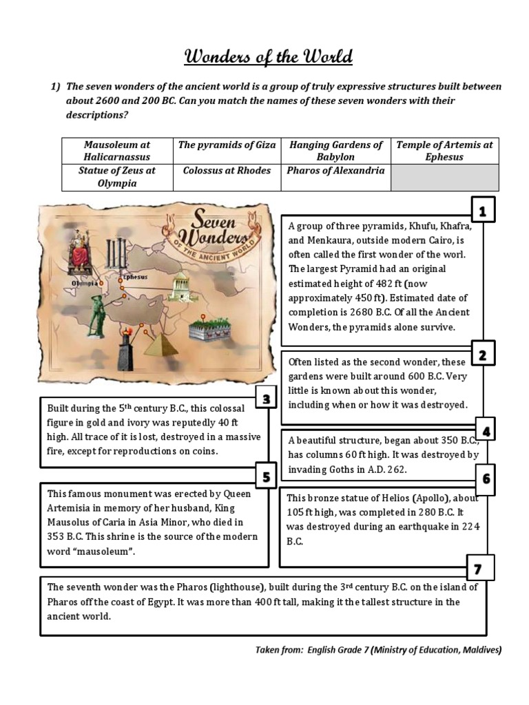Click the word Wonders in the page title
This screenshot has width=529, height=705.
[219, 56]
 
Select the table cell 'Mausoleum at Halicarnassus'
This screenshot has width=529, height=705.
[116, 151]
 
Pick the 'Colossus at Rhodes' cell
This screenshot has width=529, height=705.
[227, 171]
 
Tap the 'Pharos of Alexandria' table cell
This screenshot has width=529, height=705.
[335, 171]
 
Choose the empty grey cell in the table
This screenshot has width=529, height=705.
[445, 177]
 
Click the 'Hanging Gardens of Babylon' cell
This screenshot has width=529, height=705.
[335, 151]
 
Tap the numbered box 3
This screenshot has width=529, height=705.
[265, 399]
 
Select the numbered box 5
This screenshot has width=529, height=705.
[265, 476]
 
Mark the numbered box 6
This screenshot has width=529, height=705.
[486, 478]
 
